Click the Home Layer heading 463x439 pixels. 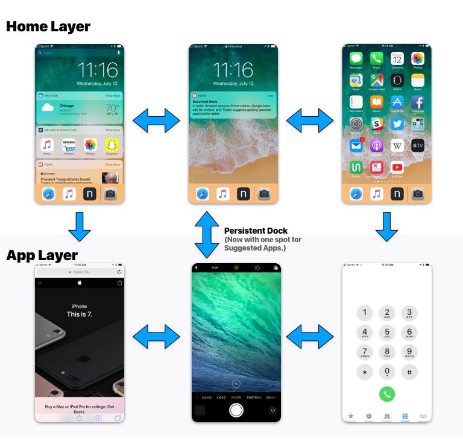48,26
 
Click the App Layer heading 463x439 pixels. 42,255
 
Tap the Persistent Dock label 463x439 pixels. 256,231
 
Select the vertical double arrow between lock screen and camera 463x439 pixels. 206,234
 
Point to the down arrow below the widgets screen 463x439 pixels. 79,226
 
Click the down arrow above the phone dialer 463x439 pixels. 386,226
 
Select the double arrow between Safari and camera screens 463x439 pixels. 156,337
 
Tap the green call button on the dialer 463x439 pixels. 386,394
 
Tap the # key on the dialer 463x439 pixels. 409,372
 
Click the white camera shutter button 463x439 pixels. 236,410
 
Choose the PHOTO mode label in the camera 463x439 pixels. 236,397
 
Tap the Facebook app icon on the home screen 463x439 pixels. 417,102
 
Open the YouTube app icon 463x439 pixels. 397,167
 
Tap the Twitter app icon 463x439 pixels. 397,123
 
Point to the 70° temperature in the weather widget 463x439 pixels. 112,108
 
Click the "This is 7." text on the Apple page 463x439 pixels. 79,314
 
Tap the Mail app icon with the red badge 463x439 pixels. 356,145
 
